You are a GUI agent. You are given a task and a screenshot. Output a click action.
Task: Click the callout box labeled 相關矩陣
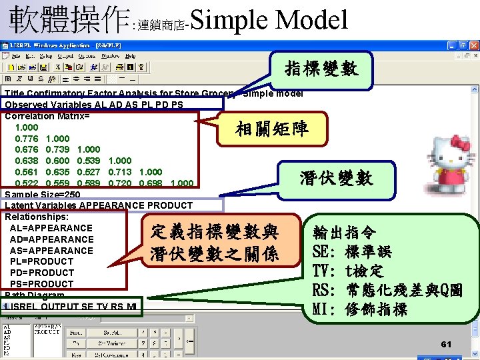[x=271, y=128]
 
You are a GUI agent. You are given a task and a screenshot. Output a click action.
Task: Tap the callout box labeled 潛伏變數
[x=336, y=177]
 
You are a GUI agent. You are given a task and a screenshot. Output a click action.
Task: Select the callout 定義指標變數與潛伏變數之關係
[x=214, y=243]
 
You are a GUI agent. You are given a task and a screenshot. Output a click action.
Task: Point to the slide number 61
[x=446, y=344]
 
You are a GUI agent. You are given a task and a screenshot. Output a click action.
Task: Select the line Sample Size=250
[x=52, y=194]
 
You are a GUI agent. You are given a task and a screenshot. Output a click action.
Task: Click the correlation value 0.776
[x=27, y=138]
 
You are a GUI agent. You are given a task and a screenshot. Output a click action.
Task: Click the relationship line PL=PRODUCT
[x=41, y=261]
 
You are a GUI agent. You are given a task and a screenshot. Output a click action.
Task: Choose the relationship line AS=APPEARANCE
[x=51, y=250]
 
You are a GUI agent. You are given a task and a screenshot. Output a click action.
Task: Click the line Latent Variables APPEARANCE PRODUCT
[x=98, y=205]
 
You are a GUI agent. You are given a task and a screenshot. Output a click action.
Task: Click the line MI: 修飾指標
[x=359, y=309]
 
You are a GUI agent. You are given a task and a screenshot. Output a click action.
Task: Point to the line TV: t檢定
[x=348, y=271]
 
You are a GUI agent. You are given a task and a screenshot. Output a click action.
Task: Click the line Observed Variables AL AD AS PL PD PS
[x=93, y=105]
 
